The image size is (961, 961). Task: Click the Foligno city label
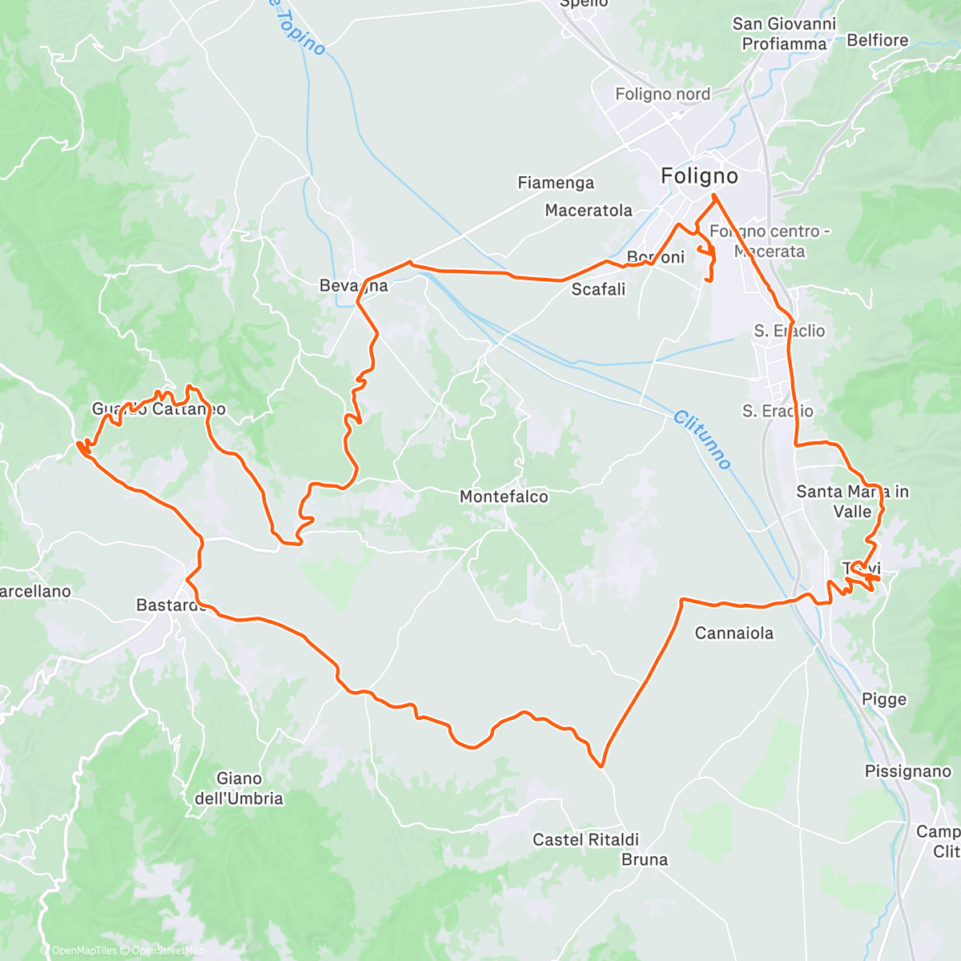coord(699,175)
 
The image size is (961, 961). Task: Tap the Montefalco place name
coord(504,497)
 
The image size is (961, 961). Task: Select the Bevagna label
coord(353,286)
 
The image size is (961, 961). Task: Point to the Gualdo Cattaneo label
coord(159,409)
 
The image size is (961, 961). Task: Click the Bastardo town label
coord(171,605)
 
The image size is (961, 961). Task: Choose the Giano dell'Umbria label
coord(239,788)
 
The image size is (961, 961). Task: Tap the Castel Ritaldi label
coord(585,839)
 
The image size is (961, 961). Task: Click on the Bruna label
coord(644,859)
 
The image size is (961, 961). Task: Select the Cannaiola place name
coord(734,633)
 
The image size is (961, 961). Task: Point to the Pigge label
coord(884,699)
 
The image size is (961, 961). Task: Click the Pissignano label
coord(907,771)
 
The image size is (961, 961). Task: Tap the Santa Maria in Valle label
coord(852,501)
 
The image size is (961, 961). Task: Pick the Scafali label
coord(598,289)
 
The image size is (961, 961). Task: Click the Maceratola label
coord(589,211)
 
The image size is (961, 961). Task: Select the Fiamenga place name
coord(556,183)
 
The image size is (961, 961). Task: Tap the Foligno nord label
coord(662,94)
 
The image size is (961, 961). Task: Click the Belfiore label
coord(877,40)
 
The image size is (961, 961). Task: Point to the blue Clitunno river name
coord(702,440)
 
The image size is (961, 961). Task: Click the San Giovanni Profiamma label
coord(783,34)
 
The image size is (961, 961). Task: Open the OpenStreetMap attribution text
coord(167,951)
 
